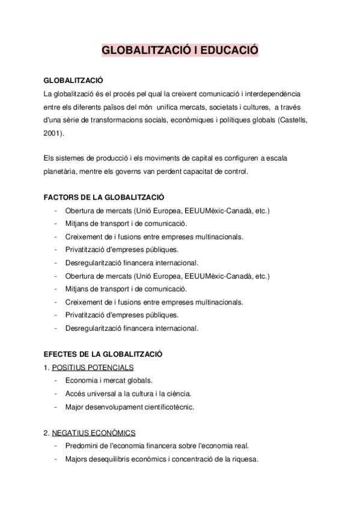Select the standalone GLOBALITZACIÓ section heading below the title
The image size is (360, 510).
pyautogui.click(x=73, y=81)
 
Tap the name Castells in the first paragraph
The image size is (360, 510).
pyautogui.click(x=293, y=120)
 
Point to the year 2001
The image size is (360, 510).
pyautogui.click(x=52, y=133)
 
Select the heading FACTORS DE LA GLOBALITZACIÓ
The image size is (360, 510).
pyautogui.click(x=104, y=197)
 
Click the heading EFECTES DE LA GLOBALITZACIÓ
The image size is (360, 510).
pyautogui.click(x=103, y=354)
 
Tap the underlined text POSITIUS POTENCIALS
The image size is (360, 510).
pyautogui.click(x=93, y=367)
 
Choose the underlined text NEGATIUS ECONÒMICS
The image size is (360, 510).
pyautogui.click(x=93, y=432)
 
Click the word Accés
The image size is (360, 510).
pyautogui.click(x=76, y=393)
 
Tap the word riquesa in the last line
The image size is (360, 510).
pyautogui.click(x=245, y=459)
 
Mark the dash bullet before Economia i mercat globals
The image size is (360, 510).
pyautogui.click(x=55, y=380)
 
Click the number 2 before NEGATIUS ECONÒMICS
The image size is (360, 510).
pyautogui.click(x=46, y=432)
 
